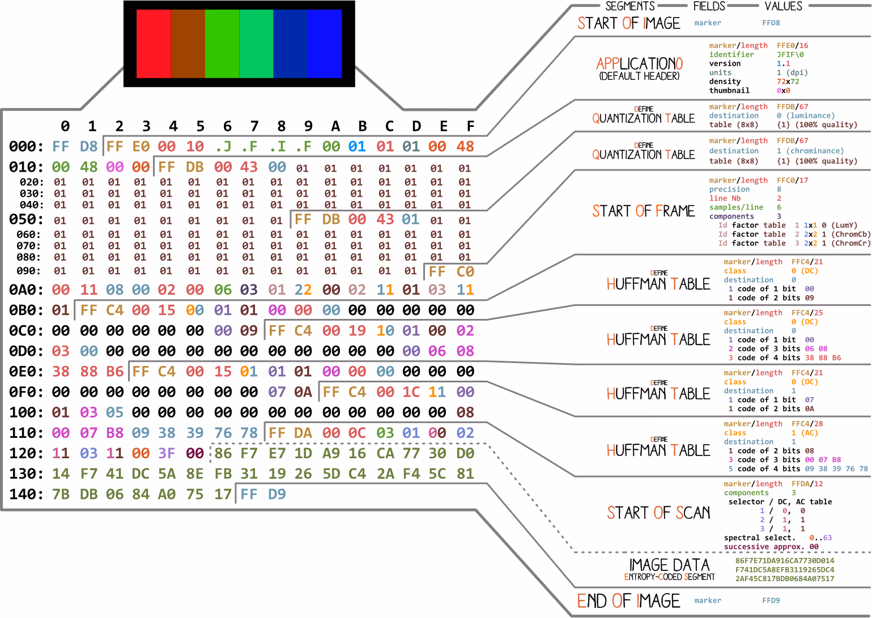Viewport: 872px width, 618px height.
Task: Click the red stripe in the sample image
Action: point(154,44)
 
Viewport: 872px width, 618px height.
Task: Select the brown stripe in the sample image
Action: point(188,44)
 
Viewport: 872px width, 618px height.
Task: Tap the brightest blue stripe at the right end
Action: point(325,44)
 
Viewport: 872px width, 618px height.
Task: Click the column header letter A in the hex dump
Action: point(335,126)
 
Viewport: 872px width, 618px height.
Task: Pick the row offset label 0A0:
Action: point(26,290)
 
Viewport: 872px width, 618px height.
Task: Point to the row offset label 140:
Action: point(26,495)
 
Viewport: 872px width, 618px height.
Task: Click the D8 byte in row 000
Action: point(89,147)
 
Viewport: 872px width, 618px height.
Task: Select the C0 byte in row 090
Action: point(465,272)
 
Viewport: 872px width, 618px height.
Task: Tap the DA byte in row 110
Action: point(303,433)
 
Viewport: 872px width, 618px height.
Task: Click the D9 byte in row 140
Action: point(277,495)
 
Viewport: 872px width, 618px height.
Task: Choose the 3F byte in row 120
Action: point(167,453)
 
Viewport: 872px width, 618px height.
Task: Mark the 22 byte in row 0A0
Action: point(303,290)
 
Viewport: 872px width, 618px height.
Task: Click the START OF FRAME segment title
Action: point(644,211)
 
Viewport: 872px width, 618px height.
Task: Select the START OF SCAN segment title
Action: point(658,513)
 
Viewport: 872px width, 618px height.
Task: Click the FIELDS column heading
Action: point(709,6)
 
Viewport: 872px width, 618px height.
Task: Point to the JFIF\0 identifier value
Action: point(790,54)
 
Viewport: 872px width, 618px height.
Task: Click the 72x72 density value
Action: point(788,82)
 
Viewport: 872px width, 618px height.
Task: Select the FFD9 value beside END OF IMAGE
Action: point(771,600)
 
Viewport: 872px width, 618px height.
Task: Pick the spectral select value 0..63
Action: point(820,538)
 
